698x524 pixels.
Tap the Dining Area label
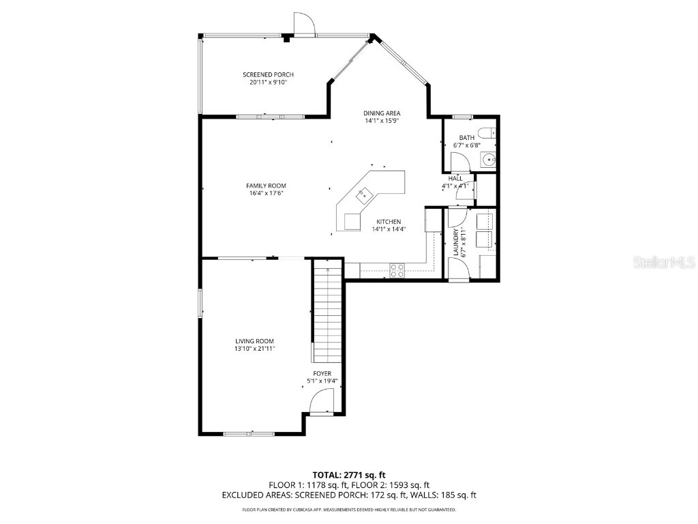pyautogui.click(x=382, y=113)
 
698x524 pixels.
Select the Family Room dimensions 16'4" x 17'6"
pyautogui.click(x=266, y=193)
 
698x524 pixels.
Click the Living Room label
pyautogui.click(x=254, y=341)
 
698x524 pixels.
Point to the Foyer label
pyautogui.click(x=322, y=373)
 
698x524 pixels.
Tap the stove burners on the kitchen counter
pyautogui.click(x=397, y=270)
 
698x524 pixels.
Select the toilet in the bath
pyautogui.click(x=487, y=133)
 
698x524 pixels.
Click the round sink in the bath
pyautogui.click(x=488, y=161)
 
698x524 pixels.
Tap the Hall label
pyautogui.click(x=455, y=178)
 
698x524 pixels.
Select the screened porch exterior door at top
pyautogui.click(x=303, y=25)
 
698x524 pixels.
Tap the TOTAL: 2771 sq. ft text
pyautogui.click(x=348, y=474)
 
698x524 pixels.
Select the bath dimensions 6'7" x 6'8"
pyautogui.click(x=467, y=145)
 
